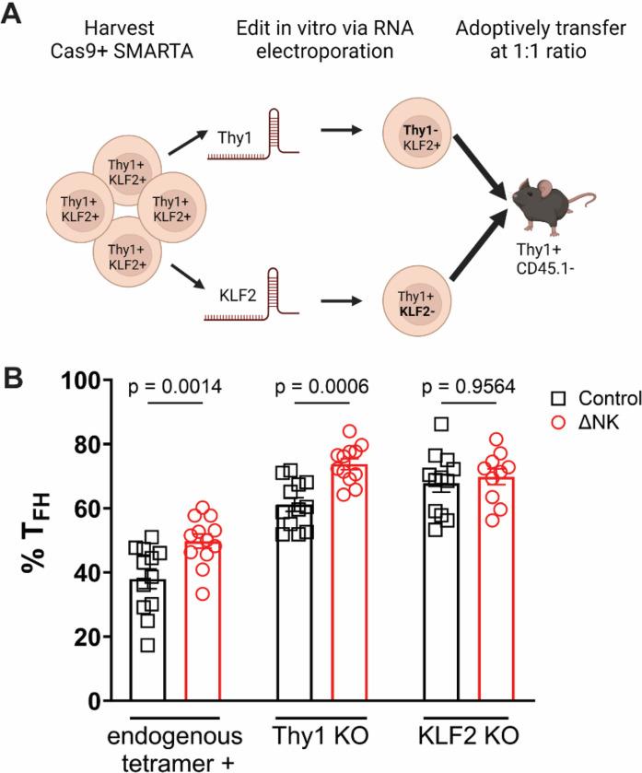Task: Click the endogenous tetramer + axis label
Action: (x=176, y=748)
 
